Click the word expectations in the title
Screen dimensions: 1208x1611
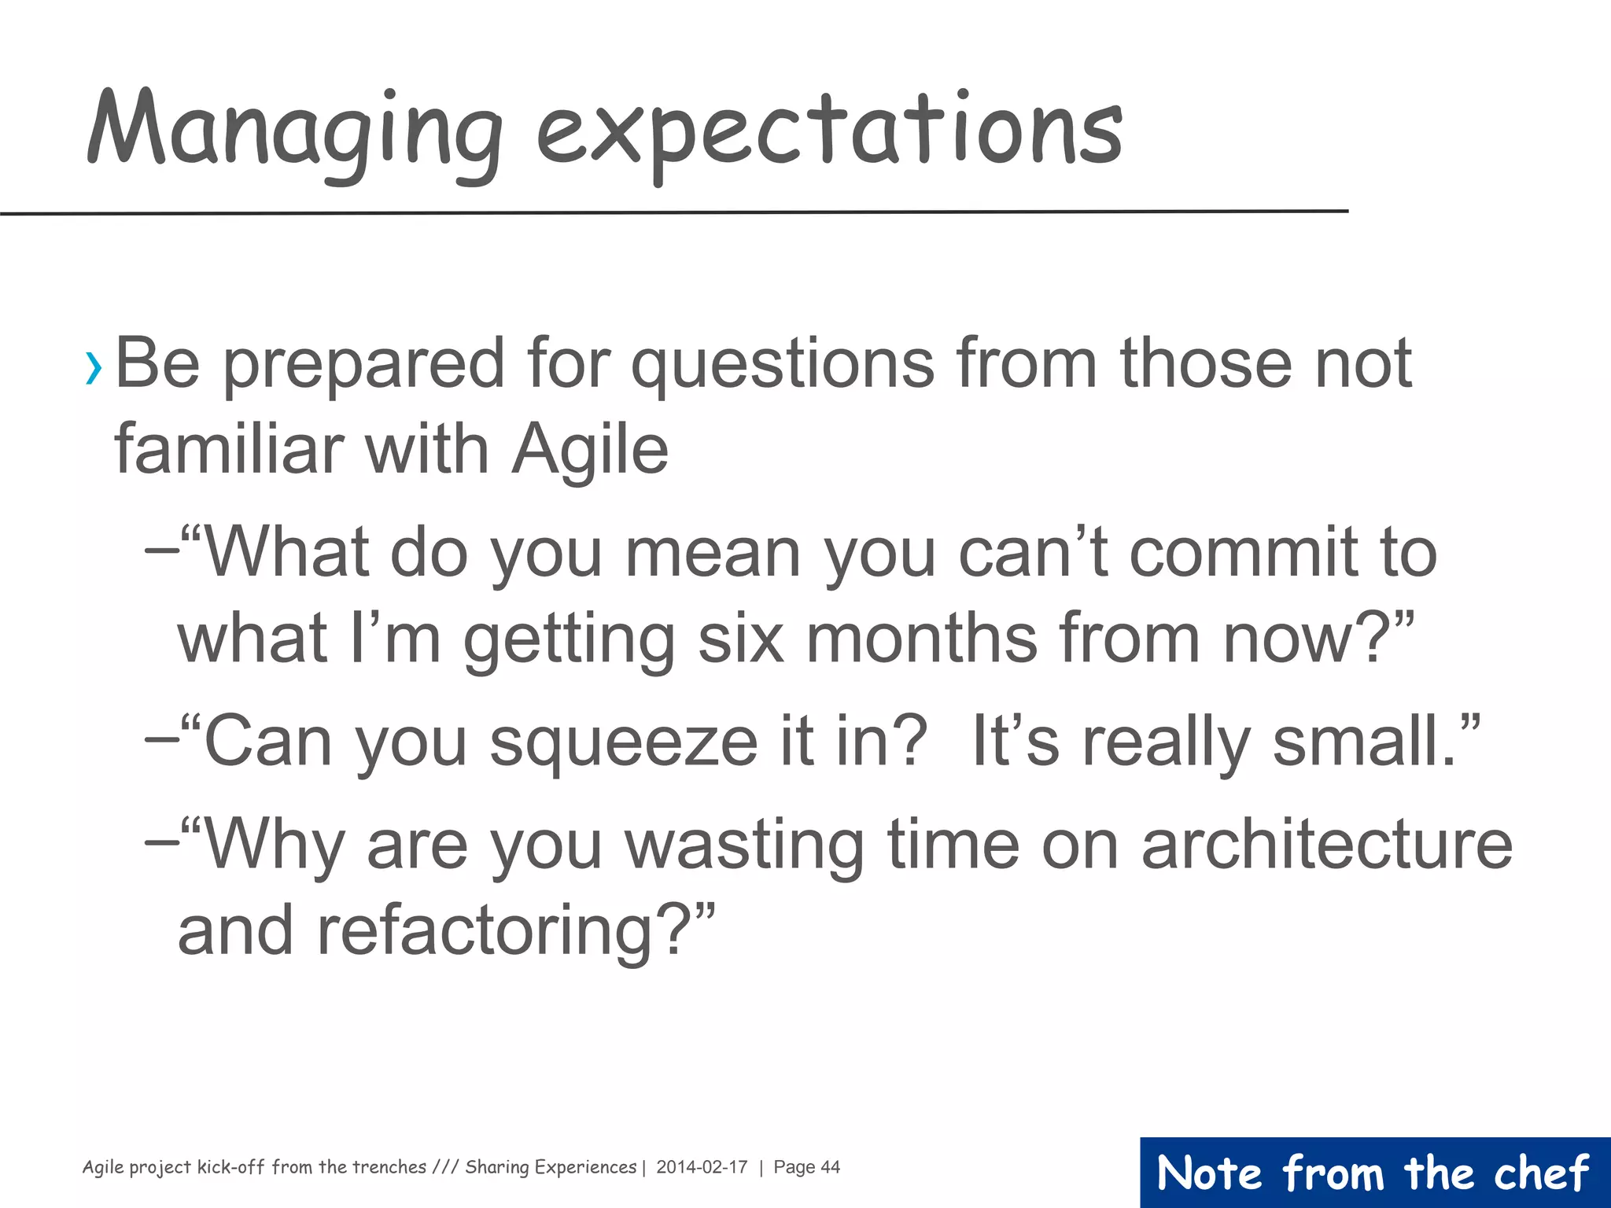click(x=830, y=134)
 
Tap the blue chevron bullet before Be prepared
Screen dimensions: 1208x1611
click(x=94, y=367)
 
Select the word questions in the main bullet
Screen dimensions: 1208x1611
click(x=783, y=366)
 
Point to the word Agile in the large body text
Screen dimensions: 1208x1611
click(x=590, y=450)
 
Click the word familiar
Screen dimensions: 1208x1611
click(x=228, y=450)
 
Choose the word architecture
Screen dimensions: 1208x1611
click(x=1326, y=845)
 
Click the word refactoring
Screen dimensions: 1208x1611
click(x=484, y=931)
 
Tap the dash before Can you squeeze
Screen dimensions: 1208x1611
click(x=161, y=742)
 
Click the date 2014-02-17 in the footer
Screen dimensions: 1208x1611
click(x=702, y=1167)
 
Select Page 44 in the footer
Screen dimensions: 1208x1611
click(x=806, y=1167)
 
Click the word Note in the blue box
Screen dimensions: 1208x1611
click(x=1210, y=1173)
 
